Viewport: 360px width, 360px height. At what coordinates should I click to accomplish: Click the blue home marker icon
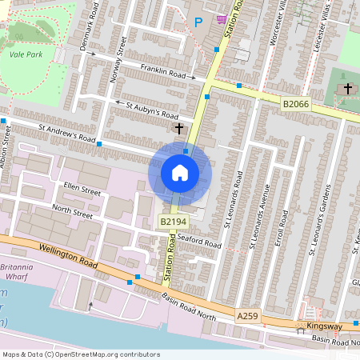(x=180, y=172)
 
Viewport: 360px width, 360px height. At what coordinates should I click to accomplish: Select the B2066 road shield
(x=296, y=104)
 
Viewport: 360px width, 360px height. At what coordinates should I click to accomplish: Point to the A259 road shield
(x=248, y=318)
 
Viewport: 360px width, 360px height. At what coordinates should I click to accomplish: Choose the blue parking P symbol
(x=198, y=22)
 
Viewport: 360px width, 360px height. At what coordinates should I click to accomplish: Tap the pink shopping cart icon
(x=221, y=19)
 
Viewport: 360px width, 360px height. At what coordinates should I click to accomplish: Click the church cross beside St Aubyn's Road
(x=178, y=128)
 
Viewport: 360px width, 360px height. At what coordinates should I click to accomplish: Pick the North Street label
(x=72, y=211)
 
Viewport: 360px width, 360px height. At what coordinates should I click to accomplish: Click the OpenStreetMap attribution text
(x=81, y=354)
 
